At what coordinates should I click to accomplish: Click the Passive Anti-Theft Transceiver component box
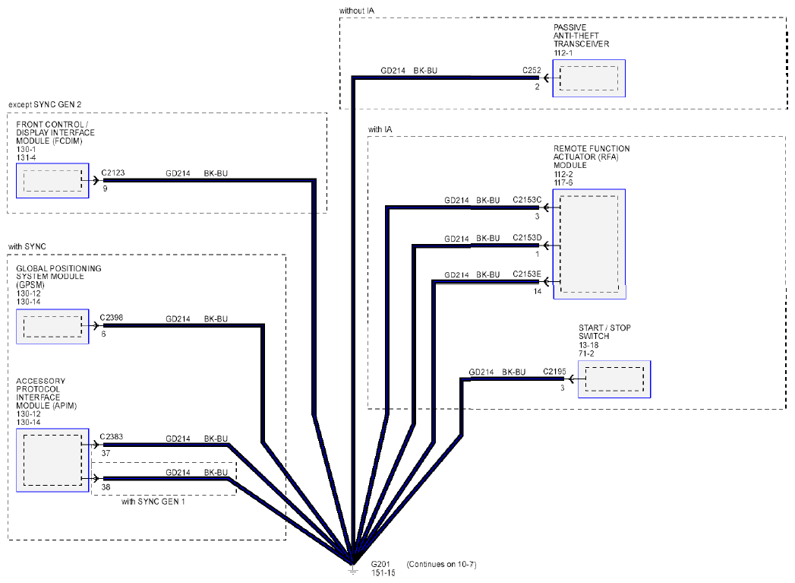pos(588,78)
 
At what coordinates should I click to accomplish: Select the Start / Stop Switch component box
pos(614,379)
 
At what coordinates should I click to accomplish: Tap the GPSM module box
pos(52,326)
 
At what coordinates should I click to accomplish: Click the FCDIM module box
pos(52,180)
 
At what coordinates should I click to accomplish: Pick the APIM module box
pos(52,460)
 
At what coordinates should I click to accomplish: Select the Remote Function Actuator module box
pos(589,244)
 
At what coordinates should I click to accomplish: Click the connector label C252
pos(532,70)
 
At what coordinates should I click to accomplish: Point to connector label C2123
pos(113,173)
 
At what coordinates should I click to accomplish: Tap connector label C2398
pos(112,318)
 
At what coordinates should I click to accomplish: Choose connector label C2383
pos(112,436)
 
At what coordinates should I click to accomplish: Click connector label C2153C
pos(527,200)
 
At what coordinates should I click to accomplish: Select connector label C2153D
pos(527,237)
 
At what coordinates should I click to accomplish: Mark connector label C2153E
pos(527,274)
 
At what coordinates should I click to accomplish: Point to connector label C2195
pos(554,372)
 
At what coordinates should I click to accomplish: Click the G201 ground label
pos(380,564)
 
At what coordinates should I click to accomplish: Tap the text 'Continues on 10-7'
pos(442,564)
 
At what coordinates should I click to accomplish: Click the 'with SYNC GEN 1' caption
pos(153,502)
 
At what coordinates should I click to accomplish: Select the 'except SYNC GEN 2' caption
pos(45,105)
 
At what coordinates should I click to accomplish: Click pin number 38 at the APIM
pos(106,487)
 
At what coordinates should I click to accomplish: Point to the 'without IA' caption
pos(357,11)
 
